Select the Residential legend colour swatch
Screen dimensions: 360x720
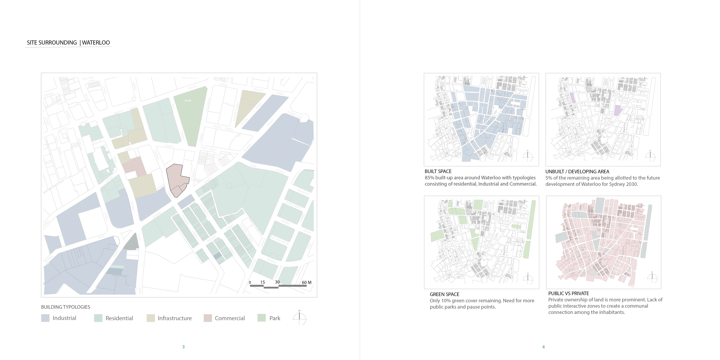click(98, 318)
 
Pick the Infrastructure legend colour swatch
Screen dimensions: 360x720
click(151, 318)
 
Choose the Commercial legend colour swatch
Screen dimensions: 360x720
click(208, 318)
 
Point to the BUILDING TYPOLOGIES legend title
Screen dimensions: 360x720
click(65, 307)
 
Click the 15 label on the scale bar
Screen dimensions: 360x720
click(262, 282)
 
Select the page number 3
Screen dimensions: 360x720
click(183, 347)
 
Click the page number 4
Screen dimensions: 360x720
click(543, 347)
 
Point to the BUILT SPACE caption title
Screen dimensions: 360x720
click(438, 171)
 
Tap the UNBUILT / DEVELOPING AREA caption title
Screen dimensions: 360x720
click(577, 172)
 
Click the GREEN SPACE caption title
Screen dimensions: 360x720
click(444, 294)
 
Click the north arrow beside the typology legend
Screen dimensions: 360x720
click(299, 318)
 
